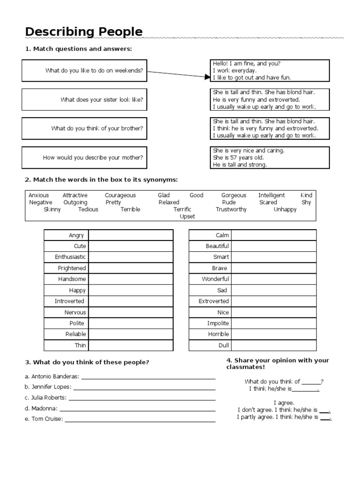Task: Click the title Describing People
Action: pos(84,32)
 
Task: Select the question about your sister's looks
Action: pos(102,100)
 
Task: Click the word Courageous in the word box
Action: pos(120,195)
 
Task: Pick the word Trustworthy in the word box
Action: pos(231,210)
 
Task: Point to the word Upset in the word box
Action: pos(187,217)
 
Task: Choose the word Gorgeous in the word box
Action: pos(234,195)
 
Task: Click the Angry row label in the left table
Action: pos(76,235)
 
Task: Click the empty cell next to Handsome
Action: pos(131,279)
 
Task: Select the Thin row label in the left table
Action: pos(80,345)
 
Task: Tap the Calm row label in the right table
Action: pos(222,235)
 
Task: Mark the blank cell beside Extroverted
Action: pos(274,301)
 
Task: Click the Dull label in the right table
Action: pos(224,345)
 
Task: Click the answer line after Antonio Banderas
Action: pos(148,377)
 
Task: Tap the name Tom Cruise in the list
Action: pos(47,419)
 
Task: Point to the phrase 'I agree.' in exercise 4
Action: pos(284,403)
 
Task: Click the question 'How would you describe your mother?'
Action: pos(93,158)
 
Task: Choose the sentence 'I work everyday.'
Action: pos(235,71)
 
